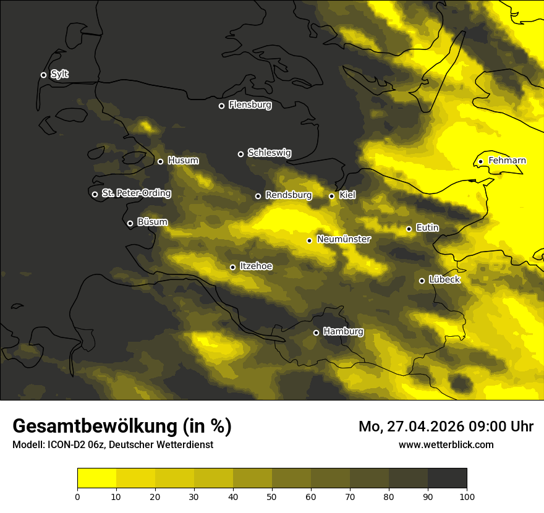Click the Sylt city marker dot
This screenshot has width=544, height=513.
click(43, 75)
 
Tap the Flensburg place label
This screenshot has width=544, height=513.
click(250, 105)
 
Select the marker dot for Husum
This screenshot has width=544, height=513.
click(160, 162)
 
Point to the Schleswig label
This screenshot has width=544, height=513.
click(269, 153)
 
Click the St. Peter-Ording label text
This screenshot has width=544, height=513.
click(136, 193)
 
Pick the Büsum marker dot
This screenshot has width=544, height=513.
click(130, 224)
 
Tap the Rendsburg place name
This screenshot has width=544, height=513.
click(288, 195)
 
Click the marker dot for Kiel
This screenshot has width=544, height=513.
click(331, 196)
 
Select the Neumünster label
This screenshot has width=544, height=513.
click(343, 239)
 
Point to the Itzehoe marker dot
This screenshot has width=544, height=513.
click(232, 268)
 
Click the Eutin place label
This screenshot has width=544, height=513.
click(427, 228)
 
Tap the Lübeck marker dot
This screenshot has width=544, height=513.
click(422, 281)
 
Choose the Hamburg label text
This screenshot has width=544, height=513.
click(343, 332)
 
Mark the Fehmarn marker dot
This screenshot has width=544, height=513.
click(480, 162)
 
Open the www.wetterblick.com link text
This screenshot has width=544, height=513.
click(446, 444)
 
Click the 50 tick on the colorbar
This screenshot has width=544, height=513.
click(272, 496)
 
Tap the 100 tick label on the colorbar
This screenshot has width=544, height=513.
click(467, 496)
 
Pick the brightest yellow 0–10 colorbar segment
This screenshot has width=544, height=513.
click(96, 478)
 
